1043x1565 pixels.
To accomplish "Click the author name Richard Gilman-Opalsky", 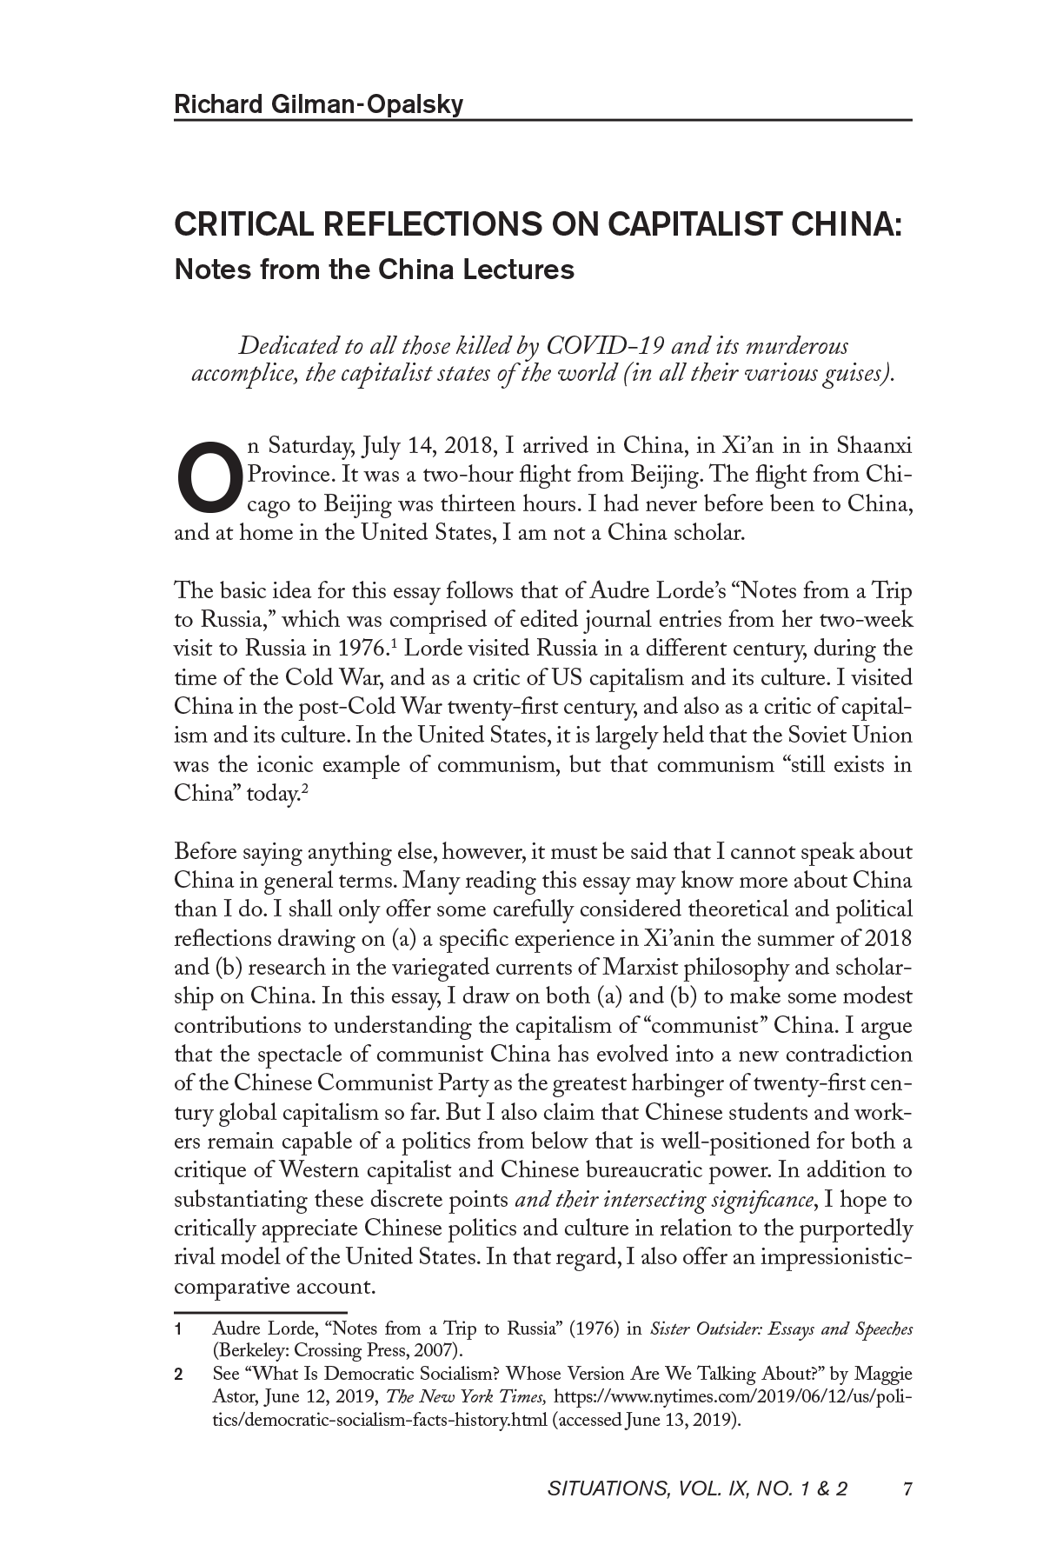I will tap(319, 105).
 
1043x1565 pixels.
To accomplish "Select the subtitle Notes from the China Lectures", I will tap(375, 270).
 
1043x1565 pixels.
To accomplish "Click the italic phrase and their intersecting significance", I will tap(666, 1201).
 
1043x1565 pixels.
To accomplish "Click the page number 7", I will tap(907, 1490).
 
